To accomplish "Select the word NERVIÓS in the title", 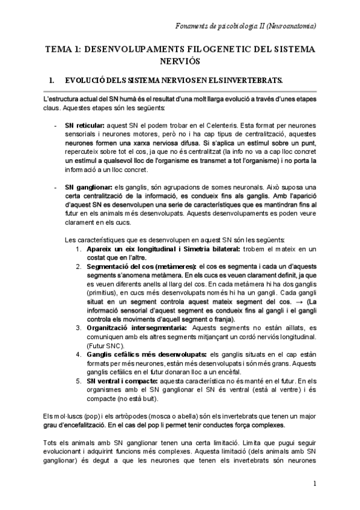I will coord(179,61).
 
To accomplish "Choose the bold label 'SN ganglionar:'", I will coord(87,188).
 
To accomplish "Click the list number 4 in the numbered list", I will coord(78,355).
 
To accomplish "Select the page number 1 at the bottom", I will coord(314,483).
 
